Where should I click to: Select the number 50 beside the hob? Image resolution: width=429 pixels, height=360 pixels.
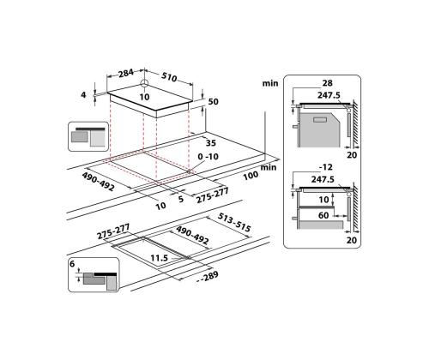pos(214,102)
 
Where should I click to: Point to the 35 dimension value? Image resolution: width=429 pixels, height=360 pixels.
pos(209,143)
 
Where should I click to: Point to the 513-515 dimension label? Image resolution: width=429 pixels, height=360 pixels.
pos(233,222)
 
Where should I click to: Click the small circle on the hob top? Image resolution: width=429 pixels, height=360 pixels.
pos(144,84)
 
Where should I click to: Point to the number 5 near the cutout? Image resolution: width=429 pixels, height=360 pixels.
pos(181,197)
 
